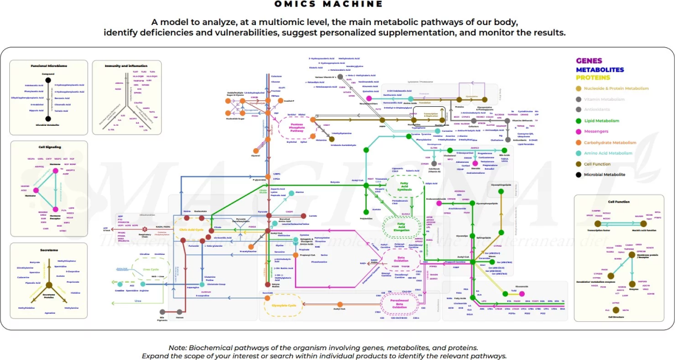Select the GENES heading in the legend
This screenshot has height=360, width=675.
point(589,61)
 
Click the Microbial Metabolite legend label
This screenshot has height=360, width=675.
point(604,175)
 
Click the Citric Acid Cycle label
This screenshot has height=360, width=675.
point(191,230)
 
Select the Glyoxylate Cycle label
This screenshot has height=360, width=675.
point(284,306)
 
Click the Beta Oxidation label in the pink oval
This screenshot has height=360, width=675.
point(403,259)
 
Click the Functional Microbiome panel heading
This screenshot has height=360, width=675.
point(48,66)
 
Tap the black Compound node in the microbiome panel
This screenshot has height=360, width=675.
point(48,80)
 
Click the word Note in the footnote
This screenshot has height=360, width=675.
point(177,347)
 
